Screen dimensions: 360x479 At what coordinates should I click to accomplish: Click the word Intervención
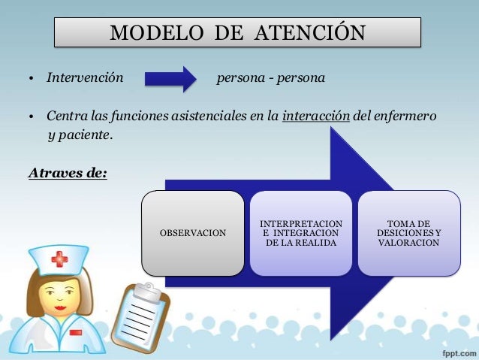tap(84, 77)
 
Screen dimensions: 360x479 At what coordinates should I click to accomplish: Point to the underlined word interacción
tap(316, 117)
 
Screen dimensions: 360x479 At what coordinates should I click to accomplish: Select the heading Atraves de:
tap(68, 174)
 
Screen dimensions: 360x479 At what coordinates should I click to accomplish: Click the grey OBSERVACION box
tap(193, 233)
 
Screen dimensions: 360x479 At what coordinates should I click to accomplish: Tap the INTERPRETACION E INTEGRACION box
tap(300, 233)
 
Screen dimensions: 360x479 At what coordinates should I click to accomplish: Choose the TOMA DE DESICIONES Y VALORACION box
tap(408, 233)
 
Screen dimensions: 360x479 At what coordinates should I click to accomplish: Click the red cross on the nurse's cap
tap(59, 260)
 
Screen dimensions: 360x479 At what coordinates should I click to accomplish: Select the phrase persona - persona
tap(270, 77)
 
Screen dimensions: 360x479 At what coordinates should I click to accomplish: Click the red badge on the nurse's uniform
tap(75, 331)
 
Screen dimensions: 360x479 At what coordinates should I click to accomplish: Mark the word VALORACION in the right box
tap(408, 244)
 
